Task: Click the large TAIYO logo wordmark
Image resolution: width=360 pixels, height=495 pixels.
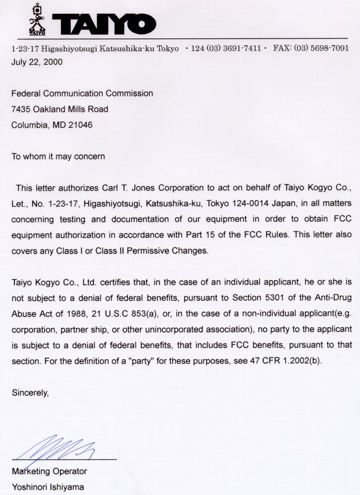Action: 105,23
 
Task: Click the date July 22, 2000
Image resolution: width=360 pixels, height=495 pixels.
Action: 37,61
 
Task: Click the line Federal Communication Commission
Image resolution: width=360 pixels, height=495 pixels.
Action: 82,93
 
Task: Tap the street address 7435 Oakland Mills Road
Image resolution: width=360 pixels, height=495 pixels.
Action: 60,109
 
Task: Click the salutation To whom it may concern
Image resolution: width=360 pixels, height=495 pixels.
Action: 58,156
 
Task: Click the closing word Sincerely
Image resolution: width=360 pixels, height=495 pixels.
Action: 30,393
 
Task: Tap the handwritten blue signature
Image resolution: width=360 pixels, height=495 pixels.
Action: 58,449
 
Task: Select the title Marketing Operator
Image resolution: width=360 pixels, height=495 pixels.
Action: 49,471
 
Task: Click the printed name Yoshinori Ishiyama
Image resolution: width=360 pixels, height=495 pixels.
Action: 48,487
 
